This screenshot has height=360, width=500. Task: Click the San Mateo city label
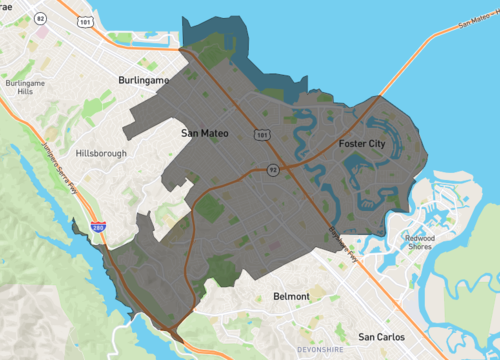pyautogui.click(x=205, y=131)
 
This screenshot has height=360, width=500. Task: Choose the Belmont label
pyautogui.click(x=292, y=296)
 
